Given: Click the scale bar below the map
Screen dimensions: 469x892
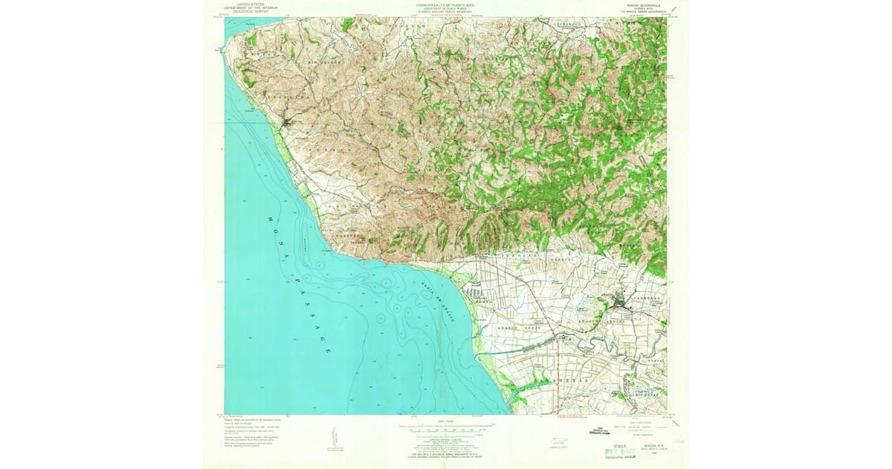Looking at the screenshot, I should [446, 429].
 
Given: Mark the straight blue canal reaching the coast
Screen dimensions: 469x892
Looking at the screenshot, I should [520, 350].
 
